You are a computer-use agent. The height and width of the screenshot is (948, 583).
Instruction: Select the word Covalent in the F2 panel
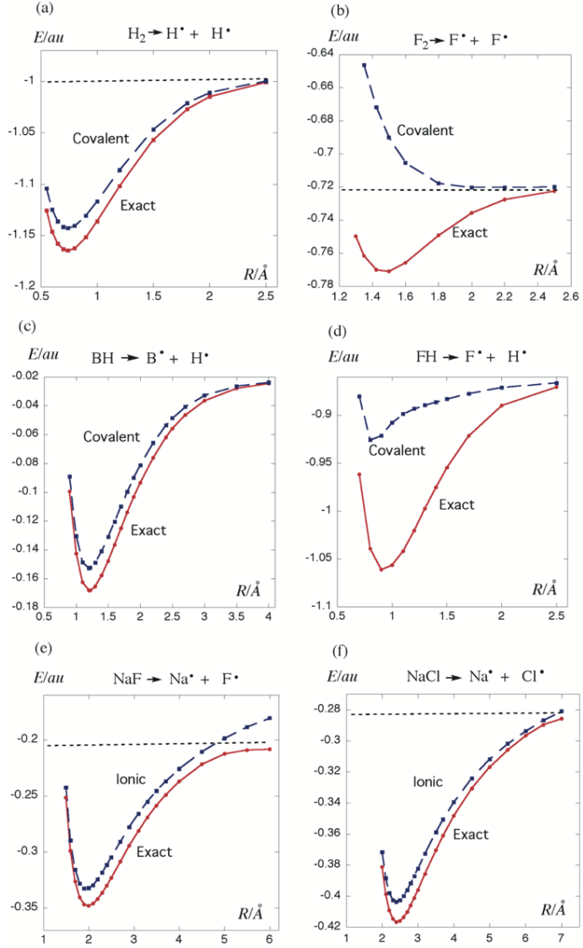[425, 131]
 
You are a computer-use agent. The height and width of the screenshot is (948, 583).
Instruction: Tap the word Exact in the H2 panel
[138, 204]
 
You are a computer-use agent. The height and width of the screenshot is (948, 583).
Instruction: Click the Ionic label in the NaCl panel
[428, 782]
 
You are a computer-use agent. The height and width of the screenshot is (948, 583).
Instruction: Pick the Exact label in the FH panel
[456, 505]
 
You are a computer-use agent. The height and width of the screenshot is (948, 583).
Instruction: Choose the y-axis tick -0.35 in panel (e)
[19, 907]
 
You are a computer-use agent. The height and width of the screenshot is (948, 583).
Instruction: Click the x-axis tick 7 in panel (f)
[562, 937]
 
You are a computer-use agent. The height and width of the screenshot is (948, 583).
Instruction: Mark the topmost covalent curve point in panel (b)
[364, 65]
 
